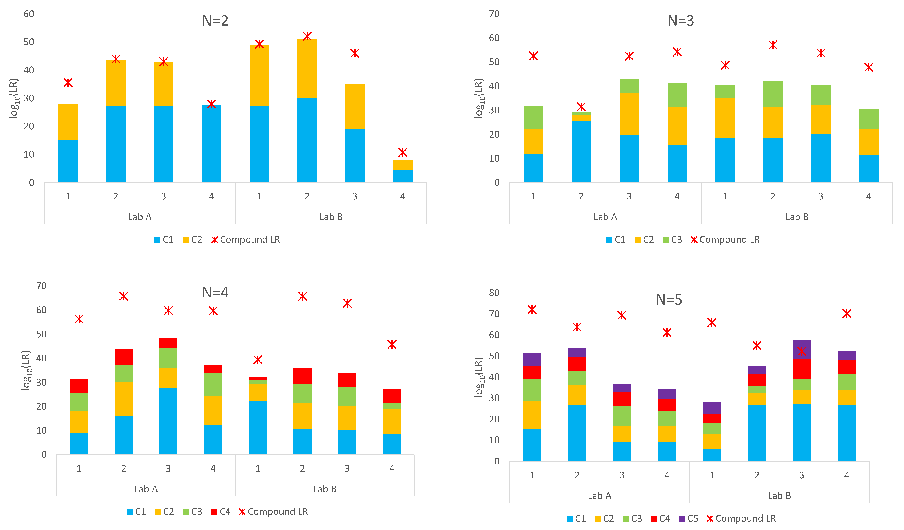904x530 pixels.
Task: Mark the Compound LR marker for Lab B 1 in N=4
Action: pos(258,360)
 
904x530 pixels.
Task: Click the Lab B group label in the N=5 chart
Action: pos(779,496)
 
